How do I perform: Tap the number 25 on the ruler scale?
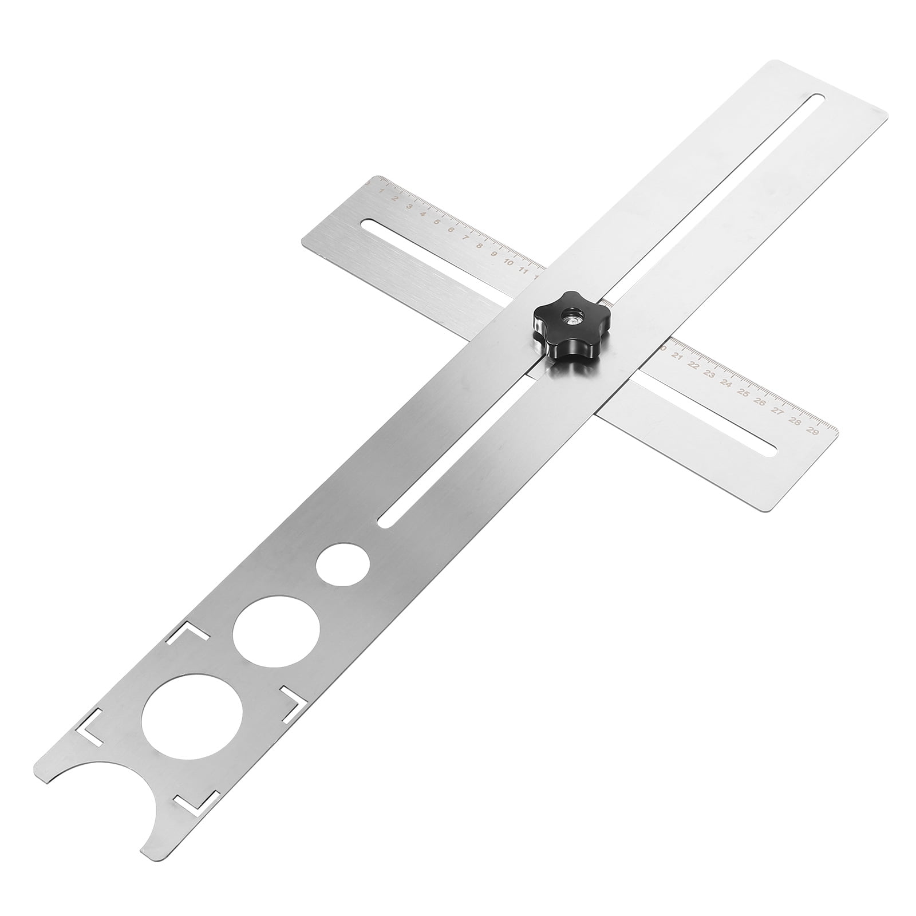pos(743,393)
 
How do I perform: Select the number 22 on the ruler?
pos(693,365)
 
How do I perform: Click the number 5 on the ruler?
pos(437,222)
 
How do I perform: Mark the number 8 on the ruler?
pos(479,246)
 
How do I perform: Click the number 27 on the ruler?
pos(777,412)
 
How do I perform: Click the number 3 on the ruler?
pos(409,206)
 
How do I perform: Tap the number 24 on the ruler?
pos(727,384)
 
